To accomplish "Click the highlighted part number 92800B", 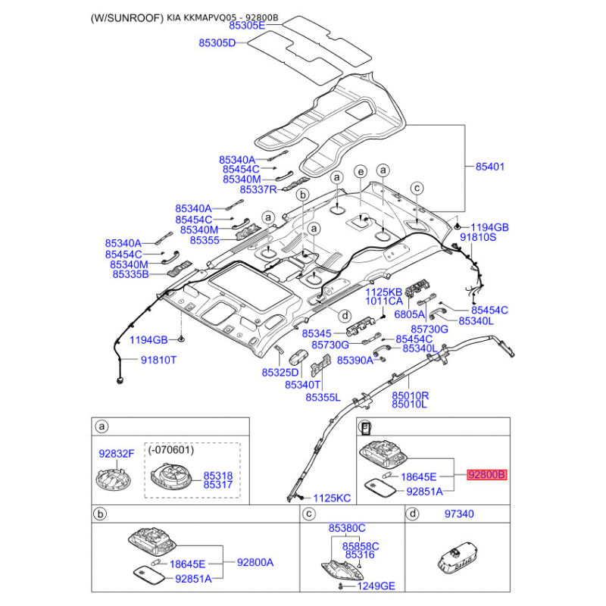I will coord(486,476).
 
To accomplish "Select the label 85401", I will coord(490,166).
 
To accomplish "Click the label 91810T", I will coord(158,361).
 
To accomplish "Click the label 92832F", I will coord(117,454).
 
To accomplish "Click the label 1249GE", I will coord(376,586).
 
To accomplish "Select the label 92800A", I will coord(255,563).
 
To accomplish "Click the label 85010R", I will coord(410,395).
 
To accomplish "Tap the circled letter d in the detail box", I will coord(413,514).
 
